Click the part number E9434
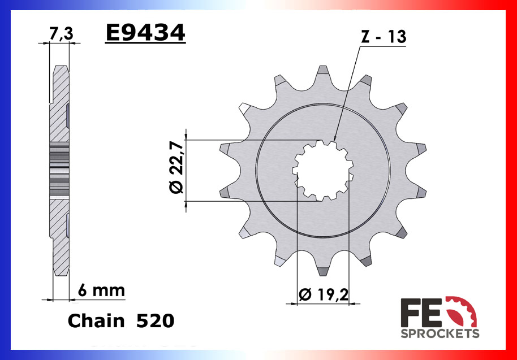point(145,34)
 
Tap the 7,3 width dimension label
point(61,34)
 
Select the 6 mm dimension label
point(101,291)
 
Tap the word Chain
point(96,321)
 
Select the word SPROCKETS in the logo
point(440,333)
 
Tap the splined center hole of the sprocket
point(322,170)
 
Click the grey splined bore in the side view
point(59,170)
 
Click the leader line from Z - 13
point(346,93)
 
